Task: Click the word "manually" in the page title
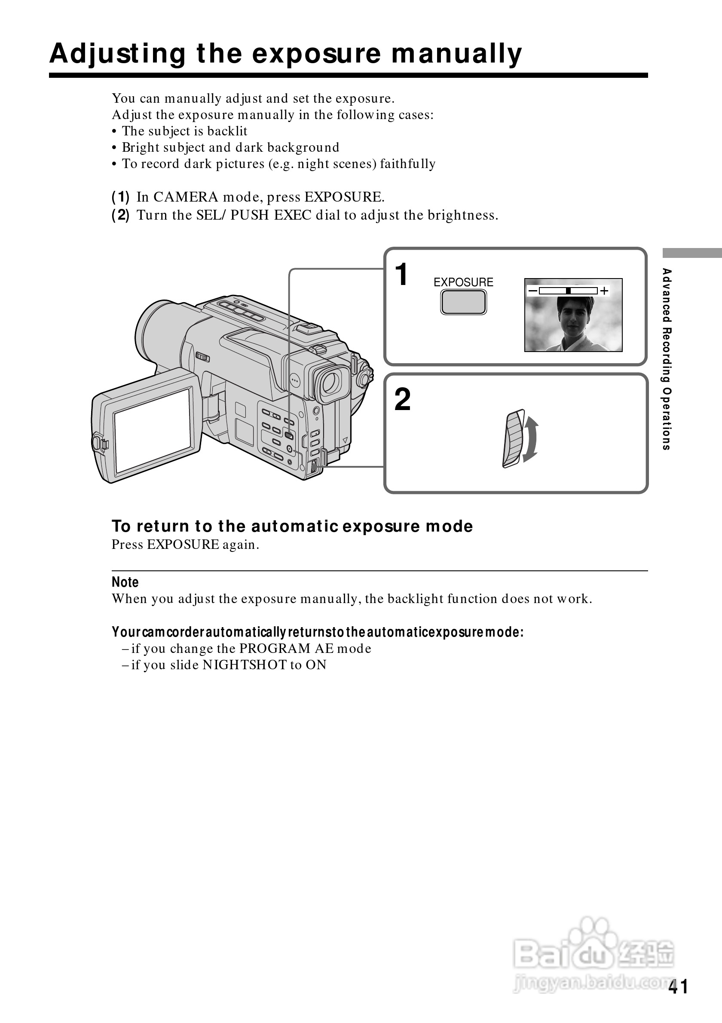[456, 54]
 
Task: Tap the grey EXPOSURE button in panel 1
[463, 302]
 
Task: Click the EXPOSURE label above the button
[463, 282]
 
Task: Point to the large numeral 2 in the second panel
[403, 400]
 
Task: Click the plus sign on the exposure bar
[604, 291]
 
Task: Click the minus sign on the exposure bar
[532, 291]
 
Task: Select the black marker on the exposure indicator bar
[568, 291]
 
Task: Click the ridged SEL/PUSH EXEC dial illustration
[514, 438]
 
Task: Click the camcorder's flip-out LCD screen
[153, 430]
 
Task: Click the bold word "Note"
[125, 582]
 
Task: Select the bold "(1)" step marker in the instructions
[120, 197]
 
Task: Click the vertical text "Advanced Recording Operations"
[666, 359]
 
